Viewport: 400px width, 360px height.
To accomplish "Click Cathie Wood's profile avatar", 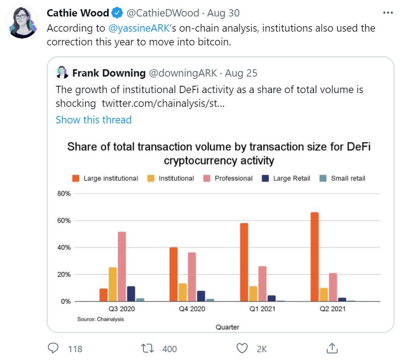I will click(23, 22).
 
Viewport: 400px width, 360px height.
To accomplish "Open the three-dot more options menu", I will click(388, 13).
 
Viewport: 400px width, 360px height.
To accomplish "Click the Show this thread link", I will click(93, 120).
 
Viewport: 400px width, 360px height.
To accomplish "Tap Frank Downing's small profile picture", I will click(62, 72).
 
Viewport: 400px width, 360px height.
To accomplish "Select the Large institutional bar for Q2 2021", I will click(314, 257).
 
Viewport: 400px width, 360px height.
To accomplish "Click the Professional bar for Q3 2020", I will click(121, 266).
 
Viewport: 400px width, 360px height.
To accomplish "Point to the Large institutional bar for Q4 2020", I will click(174, 274).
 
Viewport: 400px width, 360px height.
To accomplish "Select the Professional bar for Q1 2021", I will click(262, 283).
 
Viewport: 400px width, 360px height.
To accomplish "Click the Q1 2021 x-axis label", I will click(262, 309).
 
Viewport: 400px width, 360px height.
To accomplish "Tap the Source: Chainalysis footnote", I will click(100, 319).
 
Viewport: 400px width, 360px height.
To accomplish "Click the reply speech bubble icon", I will click(55, 349).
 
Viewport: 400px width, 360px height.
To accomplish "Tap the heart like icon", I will click(241, 349).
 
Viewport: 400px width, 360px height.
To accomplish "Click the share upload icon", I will click(331, 348).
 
